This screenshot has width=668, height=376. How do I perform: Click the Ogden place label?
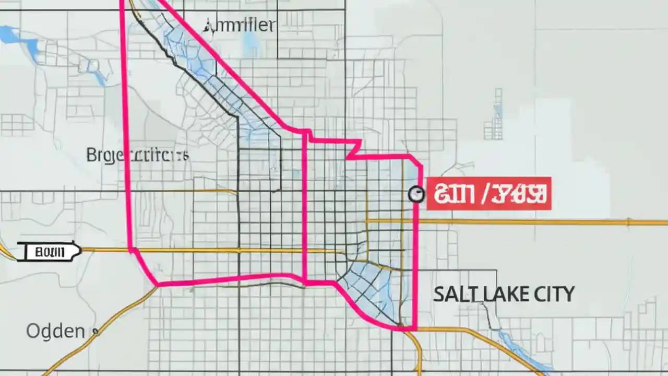pos(55,331)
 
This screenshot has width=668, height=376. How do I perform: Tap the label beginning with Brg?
pos(137,155)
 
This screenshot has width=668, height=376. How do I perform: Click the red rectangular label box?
pos(489,193)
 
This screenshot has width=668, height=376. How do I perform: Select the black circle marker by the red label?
pos(416,194)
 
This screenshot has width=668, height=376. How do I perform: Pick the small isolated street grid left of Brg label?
pos(16,125)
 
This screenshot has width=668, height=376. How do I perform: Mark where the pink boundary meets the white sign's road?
pos(130,250)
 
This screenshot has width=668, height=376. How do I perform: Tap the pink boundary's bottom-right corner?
pos(414,329)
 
